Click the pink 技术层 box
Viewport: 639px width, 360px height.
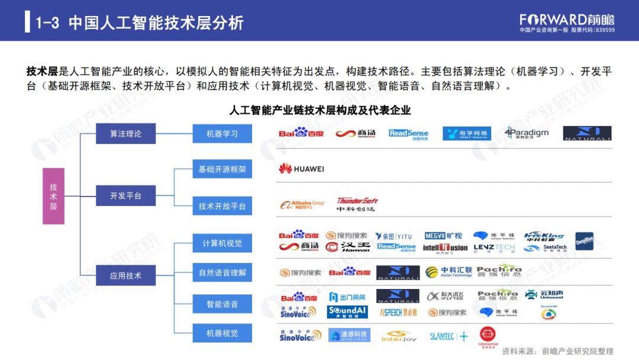53,195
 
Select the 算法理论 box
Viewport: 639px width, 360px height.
125,134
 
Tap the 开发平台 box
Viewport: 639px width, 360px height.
125,195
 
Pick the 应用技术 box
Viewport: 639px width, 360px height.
125,275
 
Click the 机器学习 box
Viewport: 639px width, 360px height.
222,134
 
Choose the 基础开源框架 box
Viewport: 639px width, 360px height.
222,169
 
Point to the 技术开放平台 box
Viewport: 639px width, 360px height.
222,206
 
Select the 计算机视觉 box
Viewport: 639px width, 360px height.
222,243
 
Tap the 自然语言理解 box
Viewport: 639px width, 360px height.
222,273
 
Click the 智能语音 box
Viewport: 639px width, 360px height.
222,304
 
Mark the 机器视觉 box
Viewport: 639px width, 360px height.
222,333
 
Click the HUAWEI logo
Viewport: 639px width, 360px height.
302,169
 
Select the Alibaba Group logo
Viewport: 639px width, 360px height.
302,204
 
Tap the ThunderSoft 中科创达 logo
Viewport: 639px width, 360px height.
357,204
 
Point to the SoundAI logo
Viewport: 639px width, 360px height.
349,311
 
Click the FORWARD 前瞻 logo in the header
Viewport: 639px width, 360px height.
566,20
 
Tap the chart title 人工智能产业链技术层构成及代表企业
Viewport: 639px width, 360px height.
319,110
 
